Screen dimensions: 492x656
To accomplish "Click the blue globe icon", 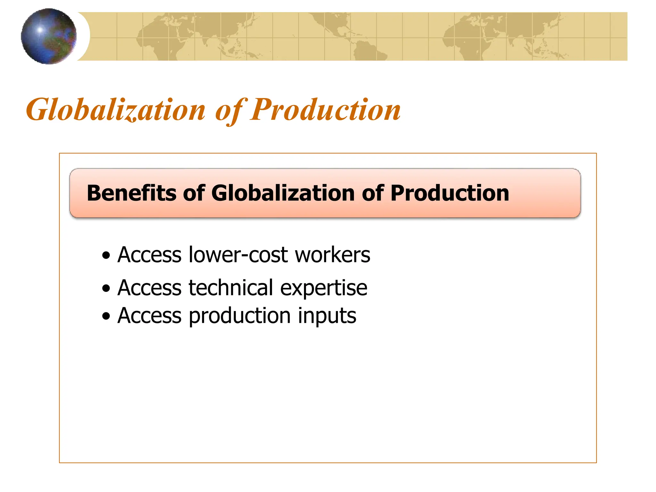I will (49, 36).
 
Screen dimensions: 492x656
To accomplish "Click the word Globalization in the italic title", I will (116, 110).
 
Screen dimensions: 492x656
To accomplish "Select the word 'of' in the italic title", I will (230, 111).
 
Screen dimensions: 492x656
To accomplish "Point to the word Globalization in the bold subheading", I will (283, 193).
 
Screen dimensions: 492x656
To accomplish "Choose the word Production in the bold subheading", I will (449, 193).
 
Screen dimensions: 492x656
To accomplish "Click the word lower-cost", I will (238, 255).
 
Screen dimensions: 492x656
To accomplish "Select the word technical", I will (231, 288).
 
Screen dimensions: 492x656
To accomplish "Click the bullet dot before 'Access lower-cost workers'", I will (106, 256).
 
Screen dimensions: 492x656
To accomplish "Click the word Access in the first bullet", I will (150, 255).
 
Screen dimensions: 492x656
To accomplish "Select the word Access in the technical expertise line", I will (150, 288).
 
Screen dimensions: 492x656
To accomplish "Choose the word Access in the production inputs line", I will (150, 316).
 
